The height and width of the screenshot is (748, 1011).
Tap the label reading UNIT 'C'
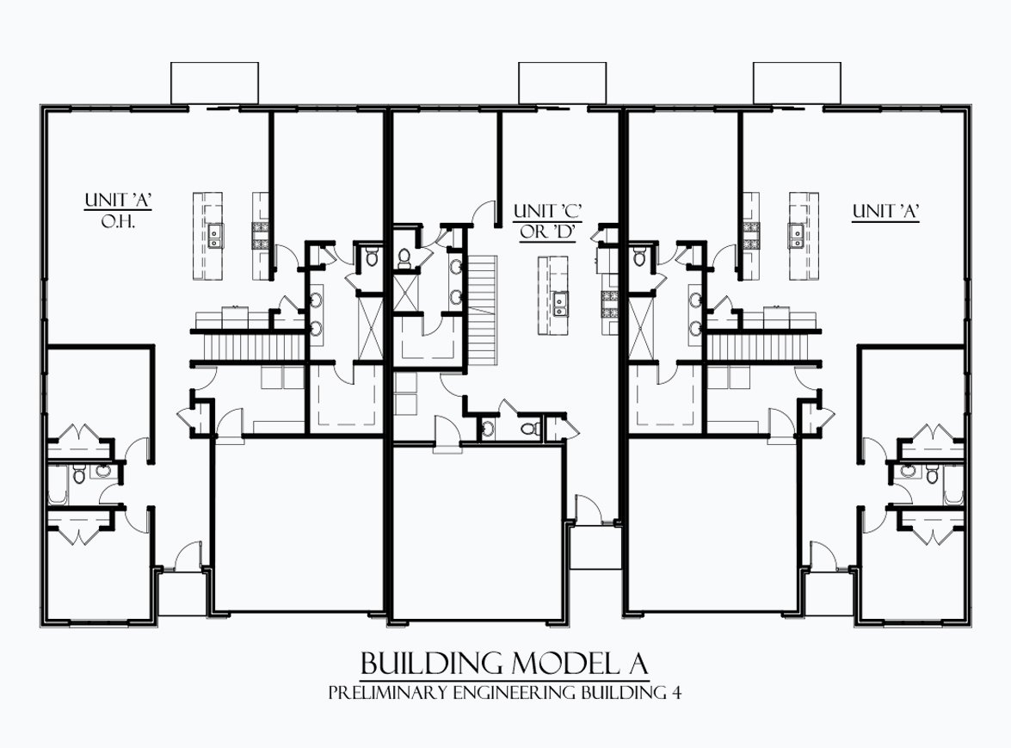pos(548,211)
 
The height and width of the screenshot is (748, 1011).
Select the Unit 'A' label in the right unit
pos(885,211)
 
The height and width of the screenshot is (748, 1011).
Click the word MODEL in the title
pos(564,663)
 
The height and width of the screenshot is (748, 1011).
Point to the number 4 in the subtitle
pos(676,693)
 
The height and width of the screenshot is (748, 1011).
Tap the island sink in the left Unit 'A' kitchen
pos(214,235)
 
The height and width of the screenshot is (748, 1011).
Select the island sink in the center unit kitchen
pos(559,303)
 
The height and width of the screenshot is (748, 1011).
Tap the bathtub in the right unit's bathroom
pos(954,484)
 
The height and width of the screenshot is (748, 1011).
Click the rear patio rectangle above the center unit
pos(562,83)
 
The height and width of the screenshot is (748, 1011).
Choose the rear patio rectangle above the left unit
pos(215,83)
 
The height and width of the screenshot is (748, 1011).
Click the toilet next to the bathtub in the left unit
pos(78,475)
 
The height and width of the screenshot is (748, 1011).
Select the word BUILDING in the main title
pos(431,663)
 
